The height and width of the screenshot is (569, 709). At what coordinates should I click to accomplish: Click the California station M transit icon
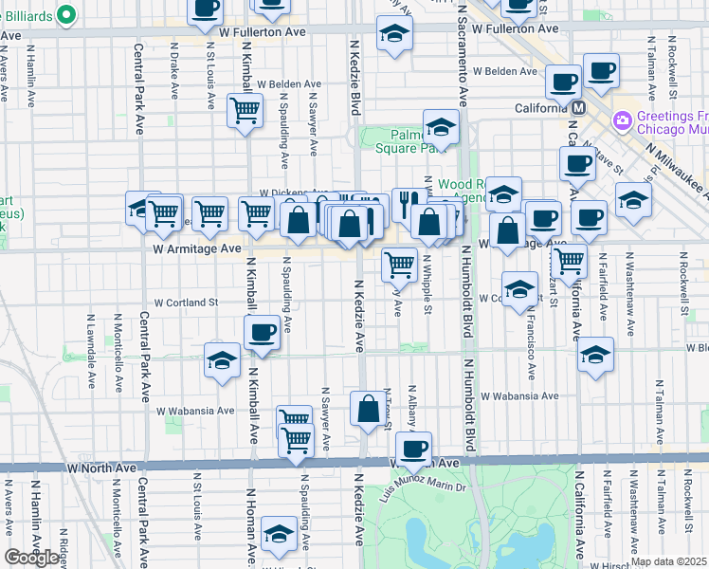[575, 108]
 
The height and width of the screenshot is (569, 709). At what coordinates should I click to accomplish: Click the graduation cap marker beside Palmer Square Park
[441, 126]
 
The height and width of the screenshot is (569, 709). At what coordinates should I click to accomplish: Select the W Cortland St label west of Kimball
[187, 303]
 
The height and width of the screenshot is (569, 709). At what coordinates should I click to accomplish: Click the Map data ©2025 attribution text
[667, 561]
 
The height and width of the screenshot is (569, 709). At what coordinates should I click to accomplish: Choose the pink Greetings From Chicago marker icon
[623, 120]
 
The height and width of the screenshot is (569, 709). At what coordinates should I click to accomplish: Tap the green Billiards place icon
[65, 14]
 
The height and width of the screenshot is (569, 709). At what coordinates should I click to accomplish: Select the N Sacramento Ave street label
[463, 57]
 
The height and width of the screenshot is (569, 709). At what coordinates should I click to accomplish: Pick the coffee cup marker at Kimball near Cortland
[261, 332]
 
